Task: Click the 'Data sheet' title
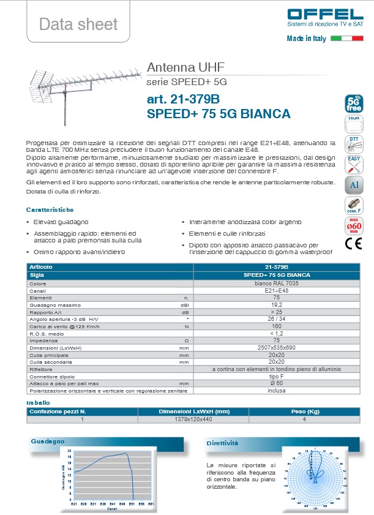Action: (x=78, y=24)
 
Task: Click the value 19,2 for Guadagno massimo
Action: (x=276, y=304)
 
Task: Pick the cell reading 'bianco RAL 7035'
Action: (x=276, y=284)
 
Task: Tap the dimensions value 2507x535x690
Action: (x=276, y=348)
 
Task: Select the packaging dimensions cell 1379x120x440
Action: (x=193, y=419)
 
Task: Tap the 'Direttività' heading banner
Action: (x=222, y=443)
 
